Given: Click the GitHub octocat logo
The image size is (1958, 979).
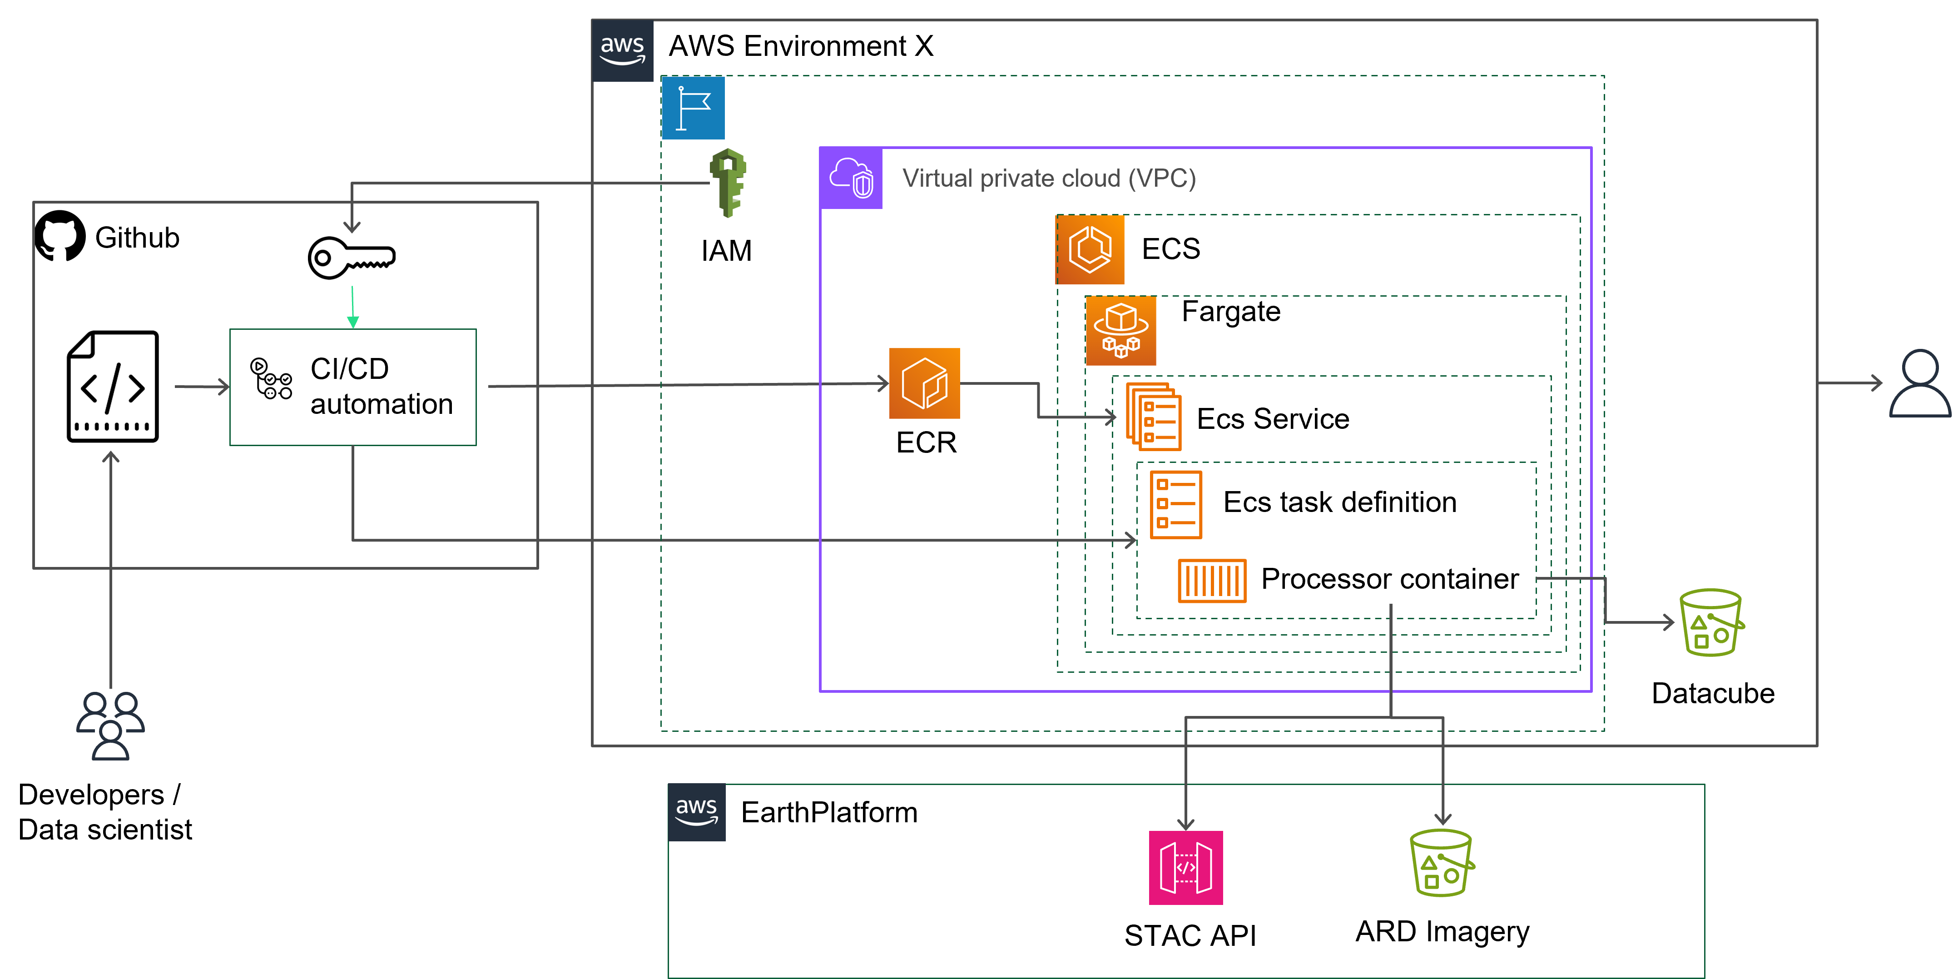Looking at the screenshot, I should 60,236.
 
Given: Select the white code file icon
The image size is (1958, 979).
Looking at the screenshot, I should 111,386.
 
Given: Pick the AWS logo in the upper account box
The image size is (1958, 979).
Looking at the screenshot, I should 623,50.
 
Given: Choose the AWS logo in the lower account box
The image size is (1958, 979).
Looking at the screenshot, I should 696,812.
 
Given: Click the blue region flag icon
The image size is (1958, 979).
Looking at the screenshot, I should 693,108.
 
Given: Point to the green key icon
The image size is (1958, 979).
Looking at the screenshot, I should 728,183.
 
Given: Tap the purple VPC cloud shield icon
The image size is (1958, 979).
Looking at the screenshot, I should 851,179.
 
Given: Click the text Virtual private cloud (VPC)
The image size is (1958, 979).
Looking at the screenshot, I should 1049,179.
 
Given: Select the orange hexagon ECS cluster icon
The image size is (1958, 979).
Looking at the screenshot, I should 1090,249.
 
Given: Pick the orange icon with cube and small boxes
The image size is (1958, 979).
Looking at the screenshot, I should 1121,331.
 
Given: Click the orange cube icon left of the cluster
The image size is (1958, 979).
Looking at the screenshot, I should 924,383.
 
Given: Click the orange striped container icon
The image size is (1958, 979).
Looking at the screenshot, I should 1212,581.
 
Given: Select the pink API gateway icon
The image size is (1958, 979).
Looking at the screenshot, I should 1186,867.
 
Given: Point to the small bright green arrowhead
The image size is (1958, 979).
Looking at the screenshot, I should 353,322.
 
